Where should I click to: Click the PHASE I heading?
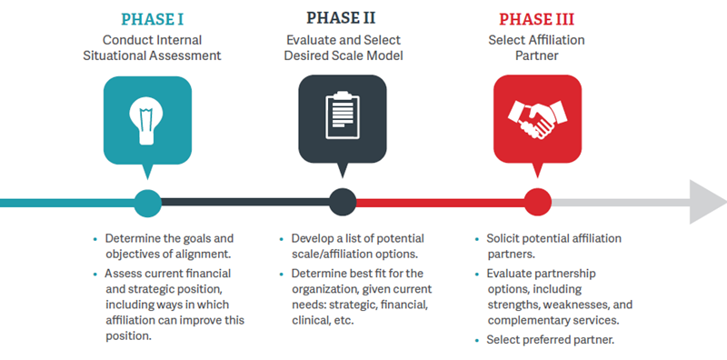pos(152,19)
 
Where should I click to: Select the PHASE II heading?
pos(341,17)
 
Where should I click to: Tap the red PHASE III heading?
pos(536,19)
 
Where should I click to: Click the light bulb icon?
pos(147,121)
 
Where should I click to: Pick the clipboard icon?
pos(343,115)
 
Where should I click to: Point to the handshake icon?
pos(537,119)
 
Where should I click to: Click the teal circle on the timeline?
pos(147,203)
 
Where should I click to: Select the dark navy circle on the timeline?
pos(343,203)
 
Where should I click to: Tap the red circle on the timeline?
pos(538,203)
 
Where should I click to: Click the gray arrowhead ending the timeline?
pos(707,202)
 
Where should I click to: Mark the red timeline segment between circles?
pos(440,203)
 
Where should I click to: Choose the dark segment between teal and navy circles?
pos(245,203)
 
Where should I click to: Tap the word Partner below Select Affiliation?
pos(536,55)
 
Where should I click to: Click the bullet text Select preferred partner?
pos(551,340)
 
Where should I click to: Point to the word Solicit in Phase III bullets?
pos(502,238)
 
